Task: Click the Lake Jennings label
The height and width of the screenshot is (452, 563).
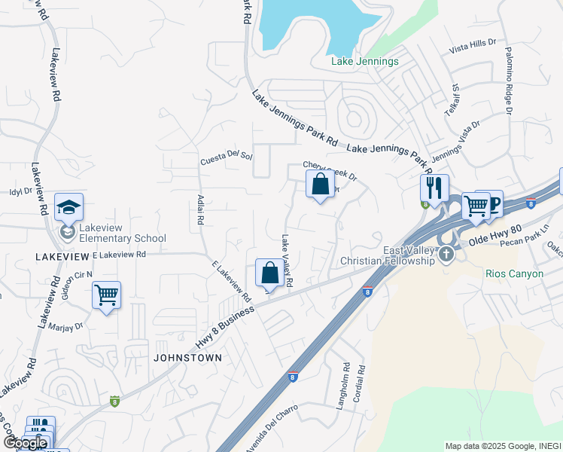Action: tap(365, 61)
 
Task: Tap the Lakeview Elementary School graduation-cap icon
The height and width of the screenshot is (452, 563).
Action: tap(68, 207)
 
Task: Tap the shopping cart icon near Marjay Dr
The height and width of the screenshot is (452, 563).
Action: tap(106, 295)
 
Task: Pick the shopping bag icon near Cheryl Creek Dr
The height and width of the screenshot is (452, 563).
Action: tap(320, 183)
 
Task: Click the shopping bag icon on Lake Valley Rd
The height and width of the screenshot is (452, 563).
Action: tap(269, 272)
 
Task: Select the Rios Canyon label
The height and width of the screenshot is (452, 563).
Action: tap(515, 273)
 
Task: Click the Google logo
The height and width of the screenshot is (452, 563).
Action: tap(25, 444)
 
